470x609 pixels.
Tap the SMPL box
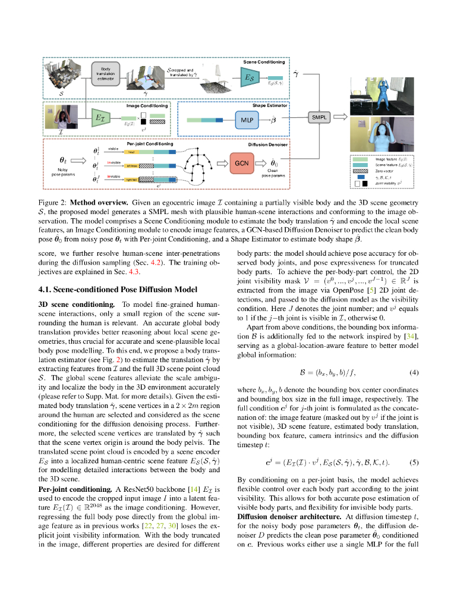tap(318, 118)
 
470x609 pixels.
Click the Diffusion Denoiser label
tap(268, 145)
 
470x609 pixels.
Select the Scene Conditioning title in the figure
tap(264, 62)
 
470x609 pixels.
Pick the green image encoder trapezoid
tap(100, 119)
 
